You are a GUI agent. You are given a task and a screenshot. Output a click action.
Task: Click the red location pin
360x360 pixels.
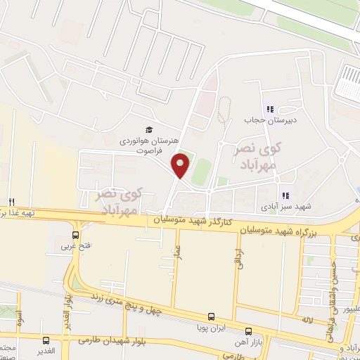click(x=181, y=165)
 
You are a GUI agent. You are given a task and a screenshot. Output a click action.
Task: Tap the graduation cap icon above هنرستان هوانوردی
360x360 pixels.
click(x=148, y=130)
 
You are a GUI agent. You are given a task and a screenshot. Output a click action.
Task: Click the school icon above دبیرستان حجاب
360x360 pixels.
click(x=269, y=109)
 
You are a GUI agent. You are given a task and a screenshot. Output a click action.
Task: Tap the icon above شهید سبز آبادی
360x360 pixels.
click(x=285, y=195)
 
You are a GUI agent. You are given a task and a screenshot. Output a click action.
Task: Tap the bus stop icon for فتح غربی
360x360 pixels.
click(x=75, y=235)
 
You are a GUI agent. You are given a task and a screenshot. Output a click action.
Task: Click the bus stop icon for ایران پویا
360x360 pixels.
click(x=211, y=316)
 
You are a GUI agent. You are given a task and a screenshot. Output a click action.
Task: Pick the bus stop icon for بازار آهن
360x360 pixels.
click(x=247, y=330)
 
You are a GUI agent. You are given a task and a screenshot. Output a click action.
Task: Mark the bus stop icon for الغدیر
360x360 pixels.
click(x=46, y=340)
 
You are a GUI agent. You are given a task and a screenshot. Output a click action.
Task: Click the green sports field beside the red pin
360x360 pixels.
click(x=202, y=171)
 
